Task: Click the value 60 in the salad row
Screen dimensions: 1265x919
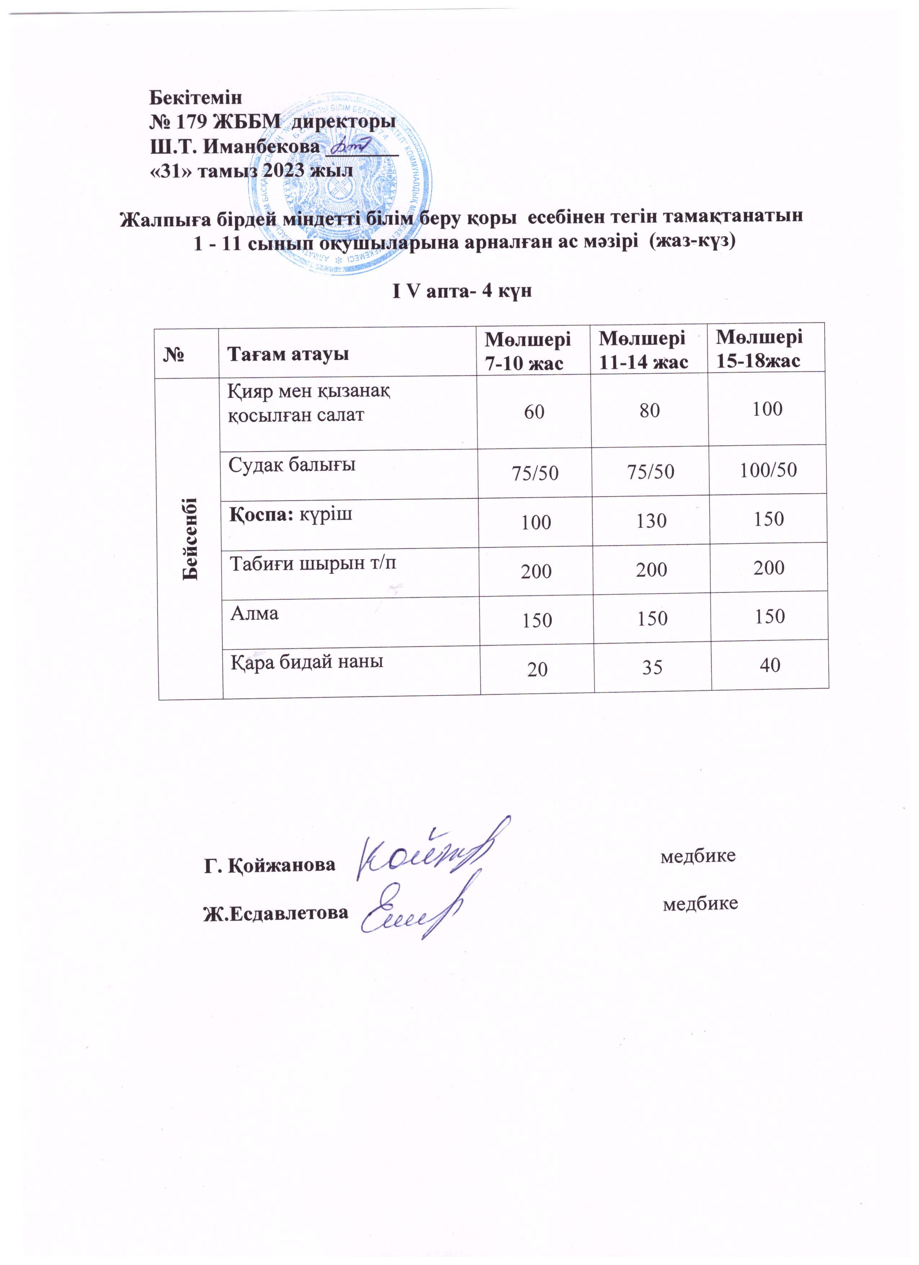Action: [534, 412]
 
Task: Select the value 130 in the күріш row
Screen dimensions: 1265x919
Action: [651, 520]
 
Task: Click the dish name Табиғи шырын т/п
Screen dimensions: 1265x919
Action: [313, 563]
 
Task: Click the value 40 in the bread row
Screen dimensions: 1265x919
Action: [770, 665]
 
